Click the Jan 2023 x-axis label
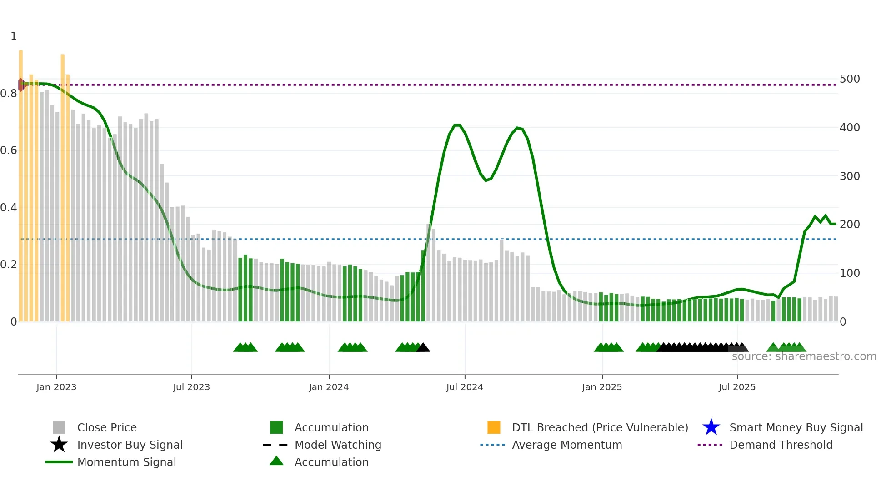point(56,387)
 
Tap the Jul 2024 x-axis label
point(465,387)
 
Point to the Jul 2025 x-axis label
point(737,387)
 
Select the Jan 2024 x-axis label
point(329,387)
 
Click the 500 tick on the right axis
point(850,79)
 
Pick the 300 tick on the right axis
point(850,176)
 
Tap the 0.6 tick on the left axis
point(9,150)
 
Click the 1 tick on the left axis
point(14,36)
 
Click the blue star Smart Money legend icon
point(711,427)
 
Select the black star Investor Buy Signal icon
point(59,445)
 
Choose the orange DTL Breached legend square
point(494,427)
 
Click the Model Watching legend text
point(338,445)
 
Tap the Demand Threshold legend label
point(781,445)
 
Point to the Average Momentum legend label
point(567,445)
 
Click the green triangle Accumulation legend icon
point(276,461)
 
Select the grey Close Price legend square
point(59,427)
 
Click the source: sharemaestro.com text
point(804,356)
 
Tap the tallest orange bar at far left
point(21,182)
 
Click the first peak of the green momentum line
point(457,125)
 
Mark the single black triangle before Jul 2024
point(423,348)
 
